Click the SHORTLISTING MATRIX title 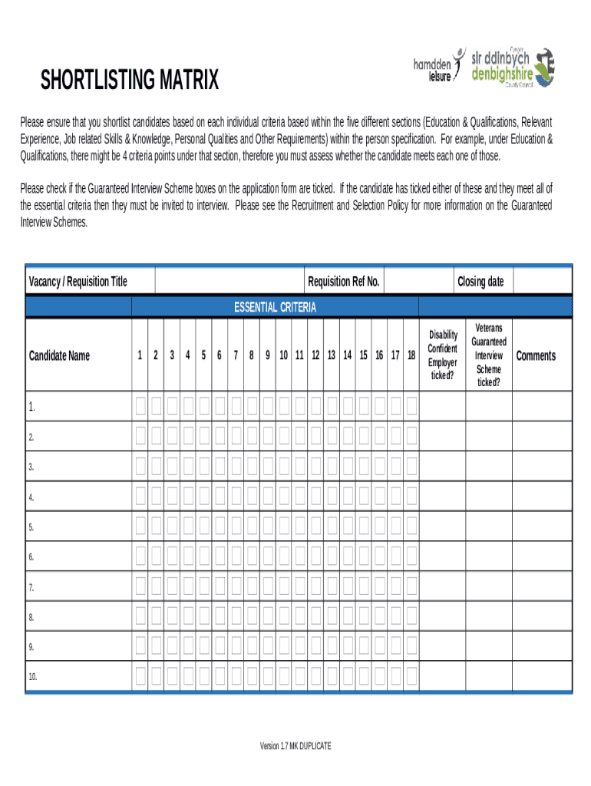129,80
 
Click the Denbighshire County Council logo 513,68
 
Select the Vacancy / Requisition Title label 78,282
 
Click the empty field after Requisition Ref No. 417,282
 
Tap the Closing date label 480,282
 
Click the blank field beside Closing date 542,282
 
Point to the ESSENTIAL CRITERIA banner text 275,308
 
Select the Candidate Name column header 59,355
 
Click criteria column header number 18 411,355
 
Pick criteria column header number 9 268,355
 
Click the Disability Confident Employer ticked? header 443,355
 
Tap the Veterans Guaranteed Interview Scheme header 489,355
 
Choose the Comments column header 536,355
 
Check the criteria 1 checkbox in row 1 140,406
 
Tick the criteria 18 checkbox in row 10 411,676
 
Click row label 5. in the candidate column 31,527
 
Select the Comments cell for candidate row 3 542,466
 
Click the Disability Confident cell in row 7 443,586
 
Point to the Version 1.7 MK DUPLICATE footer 295,746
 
